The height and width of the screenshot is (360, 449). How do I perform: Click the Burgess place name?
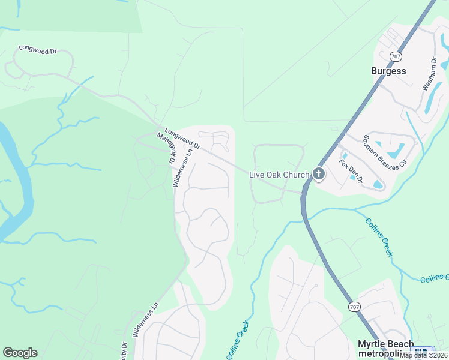388,71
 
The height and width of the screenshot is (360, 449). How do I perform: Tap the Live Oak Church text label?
279,175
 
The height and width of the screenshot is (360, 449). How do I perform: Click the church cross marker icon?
318,175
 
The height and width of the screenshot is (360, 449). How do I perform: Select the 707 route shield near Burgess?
395,56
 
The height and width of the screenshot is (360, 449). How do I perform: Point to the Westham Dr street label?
429,74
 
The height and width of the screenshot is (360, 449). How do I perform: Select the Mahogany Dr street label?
165,149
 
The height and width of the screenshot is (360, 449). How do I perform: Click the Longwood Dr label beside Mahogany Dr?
182,139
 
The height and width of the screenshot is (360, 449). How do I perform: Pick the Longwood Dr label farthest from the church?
37,50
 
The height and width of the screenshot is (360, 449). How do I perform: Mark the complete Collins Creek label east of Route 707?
378,236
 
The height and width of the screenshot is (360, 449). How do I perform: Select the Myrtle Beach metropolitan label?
385,348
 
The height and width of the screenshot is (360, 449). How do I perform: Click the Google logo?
20,353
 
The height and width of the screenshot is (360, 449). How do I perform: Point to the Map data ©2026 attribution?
424,355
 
